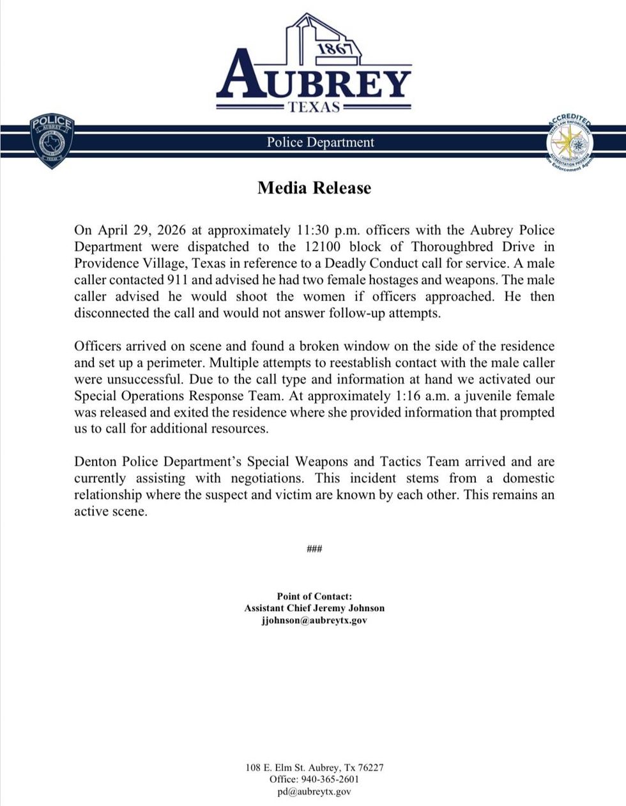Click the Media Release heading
314,188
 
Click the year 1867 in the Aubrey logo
335,49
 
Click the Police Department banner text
320,142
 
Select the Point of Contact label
314,596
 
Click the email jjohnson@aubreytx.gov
314,620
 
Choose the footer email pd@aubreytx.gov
314,791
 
